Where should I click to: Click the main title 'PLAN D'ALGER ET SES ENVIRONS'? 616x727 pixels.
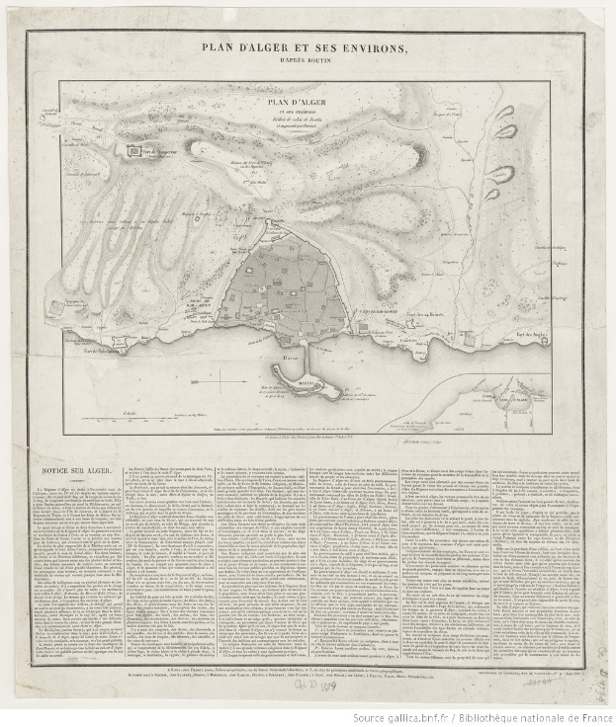pos(307,46)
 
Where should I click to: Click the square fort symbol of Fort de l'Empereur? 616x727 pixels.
pos(136,150)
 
